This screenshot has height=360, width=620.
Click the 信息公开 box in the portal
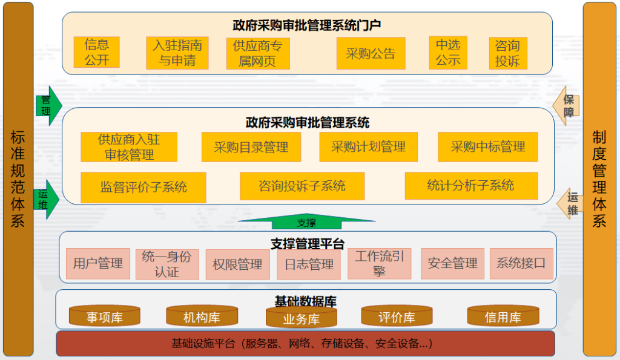[x=96, y=52]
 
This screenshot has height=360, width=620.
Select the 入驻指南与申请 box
[x=177, y=53]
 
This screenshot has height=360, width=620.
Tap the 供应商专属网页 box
[x=257, y=53]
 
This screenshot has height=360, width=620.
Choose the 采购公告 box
[x=371, y=53]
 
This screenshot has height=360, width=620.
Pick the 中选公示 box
[x=448, y=52]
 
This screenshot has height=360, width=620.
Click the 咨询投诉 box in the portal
[x=507, y=53]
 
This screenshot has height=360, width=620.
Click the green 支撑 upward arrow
[x=306, y=221]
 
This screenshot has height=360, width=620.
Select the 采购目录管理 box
[x=251, y=147]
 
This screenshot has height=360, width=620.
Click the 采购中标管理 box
[x=487, y=147]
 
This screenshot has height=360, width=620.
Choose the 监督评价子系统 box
[x=143, y=187]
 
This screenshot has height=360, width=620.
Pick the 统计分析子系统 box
[x=470, y=186]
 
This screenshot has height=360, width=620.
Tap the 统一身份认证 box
[x=167, y=264]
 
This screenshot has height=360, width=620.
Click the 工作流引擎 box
[x=379, y=264]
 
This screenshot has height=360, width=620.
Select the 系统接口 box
[x=521, y=263]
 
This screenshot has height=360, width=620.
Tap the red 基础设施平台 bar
[x=305, y=344]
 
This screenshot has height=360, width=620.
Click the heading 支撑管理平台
[x=307, y=244]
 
